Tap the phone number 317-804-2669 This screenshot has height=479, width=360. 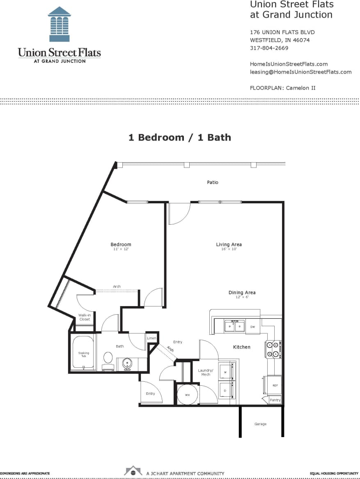269,48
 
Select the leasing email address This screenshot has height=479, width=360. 300,72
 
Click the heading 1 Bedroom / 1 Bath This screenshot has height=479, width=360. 180,138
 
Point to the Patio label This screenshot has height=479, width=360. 213,182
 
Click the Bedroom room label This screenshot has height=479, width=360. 121,245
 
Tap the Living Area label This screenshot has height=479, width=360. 229,245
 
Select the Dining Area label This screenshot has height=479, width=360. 242,292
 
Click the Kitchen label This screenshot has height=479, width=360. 242,347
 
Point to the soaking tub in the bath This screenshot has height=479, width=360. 84,354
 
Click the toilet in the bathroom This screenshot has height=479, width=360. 108,358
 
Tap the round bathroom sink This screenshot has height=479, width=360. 127,363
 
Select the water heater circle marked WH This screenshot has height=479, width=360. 187,395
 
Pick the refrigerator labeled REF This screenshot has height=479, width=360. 275,386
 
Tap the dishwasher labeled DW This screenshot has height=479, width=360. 253,327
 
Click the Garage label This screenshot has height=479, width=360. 260,424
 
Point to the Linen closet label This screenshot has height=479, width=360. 151,338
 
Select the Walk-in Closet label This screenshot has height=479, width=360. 85,317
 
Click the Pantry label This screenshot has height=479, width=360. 275,400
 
